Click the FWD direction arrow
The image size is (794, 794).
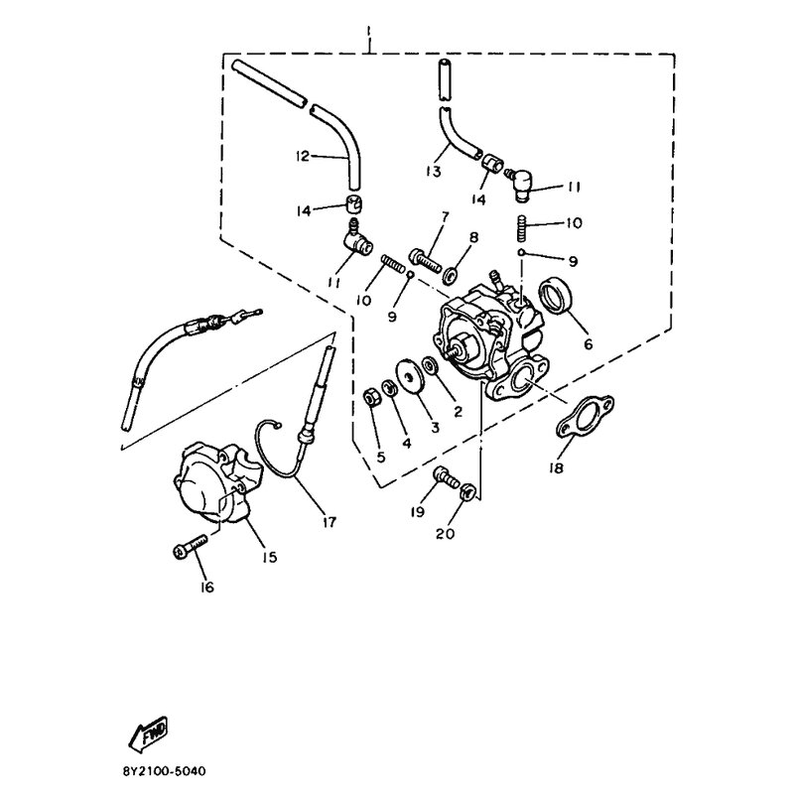pos(148,733)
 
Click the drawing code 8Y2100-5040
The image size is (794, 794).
pos(164,771)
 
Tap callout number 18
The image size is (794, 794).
pos(556,467)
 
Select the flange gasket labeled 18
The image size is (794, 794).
pos(586,416)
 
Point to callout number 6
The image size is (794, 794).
pos(588,344)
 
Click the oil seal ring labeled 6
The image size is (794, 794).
pos(557,296)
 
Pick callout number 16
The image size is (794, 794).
pos(207,587)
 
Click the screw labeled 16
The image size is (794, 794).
pos(190,548)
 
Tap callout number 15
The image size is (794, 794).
pos(269,557)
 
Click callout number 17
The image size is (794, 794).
pos(330,522)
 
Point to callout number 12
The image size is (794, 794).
pos(303,156)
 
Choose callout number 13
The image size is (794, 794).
pos(434,171)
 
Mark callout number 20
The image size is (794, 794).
pos(445,533)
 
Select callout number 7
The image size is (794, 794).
pos(445,217)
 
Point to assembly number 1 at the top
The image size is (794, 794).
pos(369,32)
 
